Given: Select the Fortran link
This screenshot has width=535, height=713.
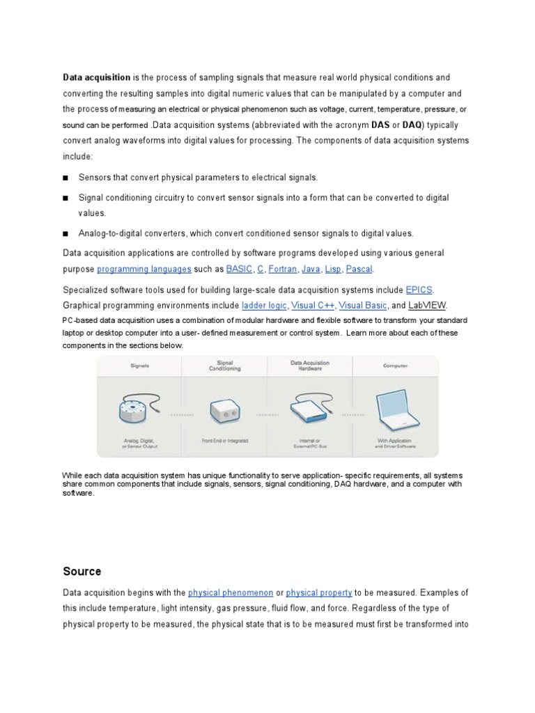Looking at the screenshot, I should point(282,269).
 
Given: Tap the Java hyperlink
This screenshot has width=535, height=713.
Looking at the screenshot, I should point(311,269).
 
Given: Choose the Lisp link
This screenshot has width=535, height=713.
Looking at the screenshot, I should point(333,269).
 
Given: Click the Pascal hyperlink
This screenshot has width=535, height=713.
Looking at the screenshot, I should point(359,269).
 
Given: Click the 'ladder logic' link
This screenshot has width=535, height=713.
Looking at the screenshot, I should point(263,306).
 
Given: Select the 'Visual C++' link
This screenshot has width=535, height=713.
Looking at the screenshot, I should point(313,306).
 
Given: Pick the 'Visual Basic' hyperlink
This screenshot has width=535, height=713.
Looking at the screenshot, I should point(362,306).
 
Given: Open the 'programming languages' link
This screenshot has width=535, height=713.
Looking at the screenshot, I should point(144,269).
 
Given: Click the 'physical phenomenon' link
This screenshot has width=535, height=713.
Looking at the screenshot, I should point(231,593).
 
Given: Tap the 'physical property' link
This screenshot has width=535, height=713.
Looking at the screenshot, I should point(319,593).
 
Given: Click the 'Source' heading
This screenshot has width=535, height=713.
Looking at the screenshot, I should point(82,572).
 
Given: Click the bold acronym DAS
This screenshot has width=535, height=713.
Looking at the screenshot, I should point(380,125).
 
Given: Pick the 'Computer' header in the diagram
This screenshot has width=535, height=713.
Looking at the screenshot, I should point(395,366).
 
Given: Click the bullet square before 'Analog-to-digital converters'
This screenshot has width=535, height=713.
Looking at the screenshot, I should point(66,233).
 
